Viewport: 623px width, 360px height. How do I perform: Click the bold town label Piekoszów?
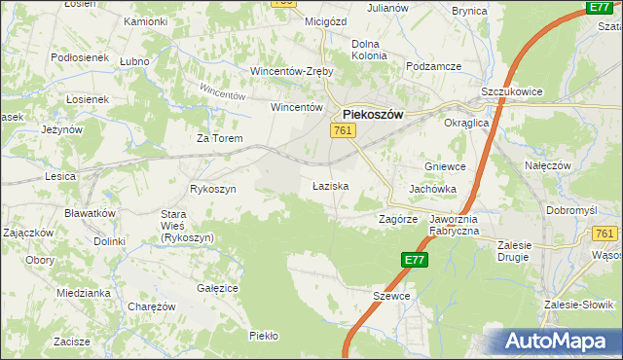(373, 113)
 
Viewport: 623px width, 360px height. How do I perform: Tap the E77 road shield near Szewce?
(414, 260)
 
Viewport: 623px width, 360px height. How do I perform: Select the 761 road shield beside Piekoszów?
(342, 130)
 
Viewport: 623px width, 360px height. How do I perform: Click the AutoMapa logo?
(558, 342)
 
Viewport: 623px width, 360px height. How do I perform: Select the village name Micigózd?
(300, 21)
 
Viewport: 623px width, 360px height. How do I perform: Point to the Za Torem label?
(217, 138)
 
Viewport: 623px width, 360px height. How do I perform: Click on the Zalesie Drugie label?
(526, 251)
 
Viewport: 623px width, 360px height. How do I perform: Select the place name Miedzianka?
(81, 292)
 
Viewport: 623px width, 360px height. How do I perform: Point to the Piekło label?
(264, 336)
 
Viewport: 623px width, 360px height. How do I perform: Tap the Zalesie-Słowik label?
(579, 305)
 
